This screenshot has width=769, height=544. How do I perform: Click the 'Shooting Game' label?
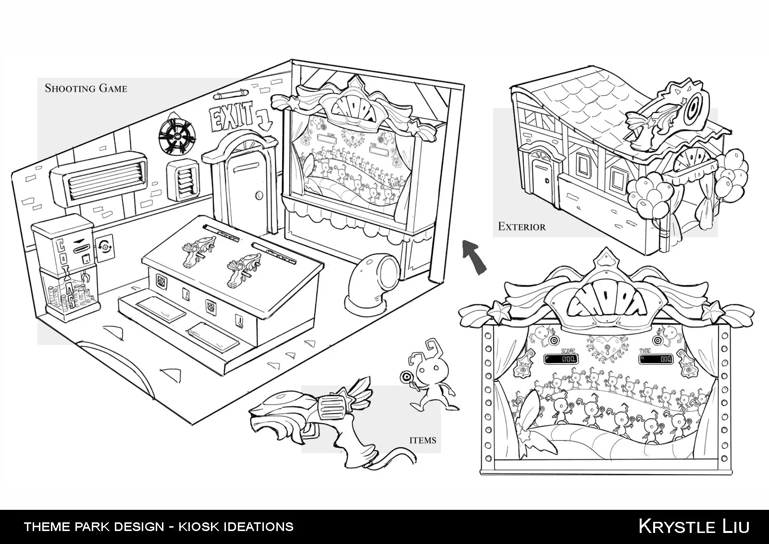86,88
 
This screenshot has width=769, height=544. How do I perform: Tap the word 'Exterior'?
521,226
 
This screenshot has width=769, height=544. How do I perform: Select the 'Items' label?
422,440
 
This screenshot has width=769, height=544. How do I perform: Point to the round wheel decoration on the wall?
177,136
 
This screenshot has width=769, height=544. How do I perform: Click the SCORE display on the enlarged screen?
561,359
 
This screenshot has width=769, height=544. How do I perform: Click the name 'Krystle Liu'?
693,526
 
